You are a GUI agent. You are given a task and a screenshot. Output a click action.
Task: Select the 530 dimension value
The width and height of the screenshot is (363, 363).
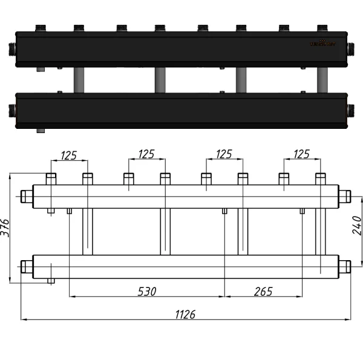(146, 292)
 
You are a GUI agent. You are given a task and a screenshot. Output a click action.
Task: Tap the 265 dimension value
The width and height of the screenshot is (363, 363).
(263, 292)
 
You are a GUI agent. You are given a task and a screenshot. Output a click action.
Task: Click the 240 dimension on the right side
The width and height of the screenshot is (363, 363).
(356, 225)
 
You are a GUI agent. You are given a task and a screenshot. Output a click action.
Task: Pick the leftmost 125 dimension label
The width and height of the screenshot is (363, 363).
(68, 155)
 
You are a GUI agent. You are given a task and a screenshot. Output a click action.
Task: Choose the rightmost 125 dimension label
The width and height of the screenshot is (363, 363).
(301, 155)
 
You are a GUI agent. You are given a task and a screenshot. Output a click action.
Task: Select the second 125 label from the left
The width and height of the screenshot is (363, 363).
(146, 155)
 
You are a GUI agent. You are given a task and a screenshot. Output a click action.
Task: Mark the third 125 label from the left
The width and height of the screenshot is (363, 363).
(224, 155)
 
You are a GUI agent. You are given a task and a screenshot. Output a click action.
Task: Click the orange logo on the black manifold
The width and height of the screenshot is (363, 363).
(322, 43)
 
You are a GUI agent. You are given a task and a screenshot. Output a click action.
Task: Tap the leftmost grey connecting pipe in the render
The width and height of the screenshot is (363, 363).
(79, 80)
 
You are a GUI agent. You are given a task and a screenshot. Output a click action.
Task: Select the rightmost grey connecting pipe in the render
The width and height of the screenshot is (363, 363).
(321, 80)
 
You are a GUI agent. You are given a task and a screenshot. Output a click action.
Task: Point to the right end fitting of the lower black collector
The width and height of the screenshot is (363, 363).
(350, 110)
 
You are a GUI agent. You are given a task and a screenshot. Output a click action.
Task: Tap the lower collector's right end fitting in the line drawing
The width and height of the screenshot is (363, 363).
(344, 266)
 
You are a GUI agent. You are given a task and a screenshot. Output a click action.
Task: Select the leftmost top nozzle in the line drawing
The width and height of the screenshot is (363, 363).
(51, 179)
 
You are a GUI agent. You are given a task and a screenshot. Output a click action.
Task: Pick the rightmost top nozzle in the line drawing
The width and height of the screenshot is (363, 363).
(321, 179)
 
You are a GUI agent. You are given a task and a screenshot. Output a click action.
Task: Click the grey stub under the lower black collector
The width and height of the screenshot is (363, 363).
(41, 130)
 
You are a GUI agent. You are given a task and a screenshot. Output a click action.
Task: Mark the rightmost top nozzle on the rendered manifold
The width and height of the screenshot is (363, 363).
(322, 28)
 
